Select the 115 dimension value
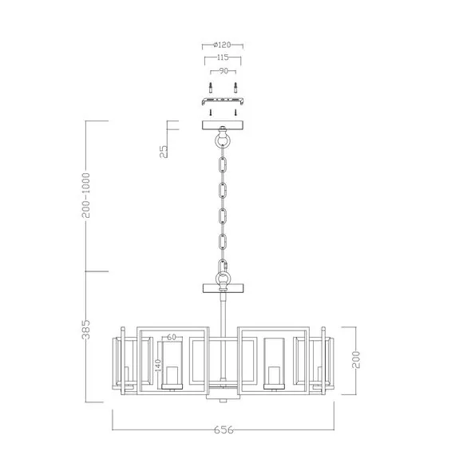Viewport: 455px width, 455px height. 222,58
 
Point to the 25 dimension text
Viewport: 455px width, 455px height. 163,152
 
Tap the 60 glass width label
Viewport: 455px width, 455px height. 172,338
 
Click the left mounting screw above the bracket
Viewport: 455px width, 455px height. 209,87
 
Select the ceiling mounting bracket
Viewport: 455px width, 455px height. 222,102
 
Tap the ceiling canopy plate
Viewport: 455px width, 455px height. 222,125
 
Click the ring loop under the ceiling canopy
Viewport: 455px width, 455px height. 222,140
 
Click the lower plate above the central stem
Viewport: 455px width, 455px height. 222,287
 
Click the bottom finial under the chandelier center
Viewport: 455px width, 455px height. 222,397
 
